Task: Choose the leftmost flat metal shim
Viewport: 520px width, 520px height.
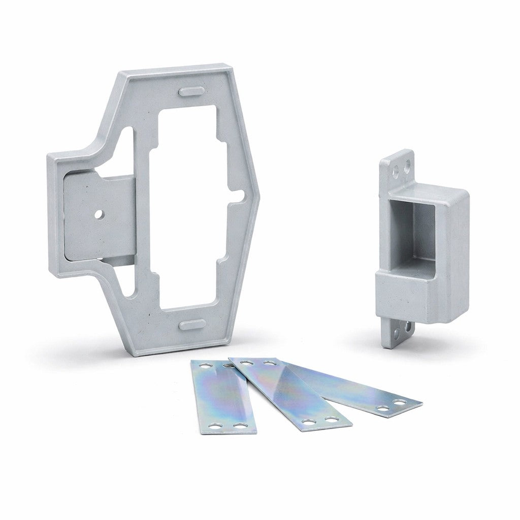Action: point(222,396)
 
